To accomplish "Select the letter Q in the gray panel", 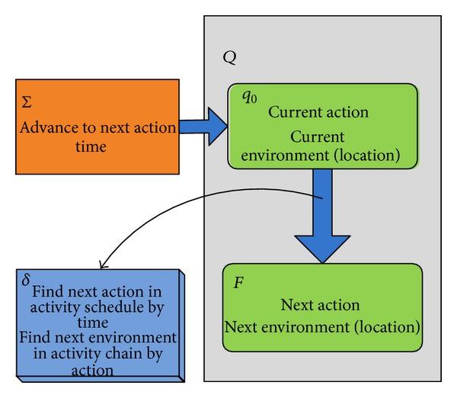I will click(x=228, y=57).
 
